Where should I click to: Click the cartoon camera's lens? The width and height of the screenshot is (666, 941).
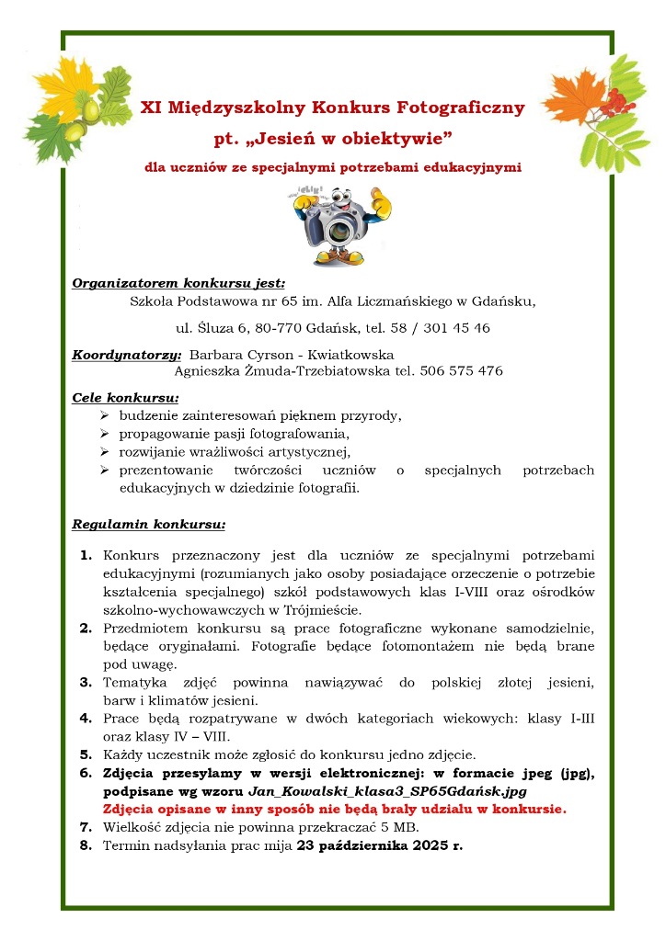coord(339,229)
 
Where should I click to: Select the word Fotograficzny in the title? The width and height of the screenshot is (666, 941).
coord(461,108)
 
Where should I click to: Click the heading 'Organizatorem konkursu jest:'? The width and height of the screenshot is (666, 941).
coord(178,283)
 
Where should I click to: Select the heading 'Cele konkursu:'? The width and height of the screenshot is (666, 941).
coord(125,399)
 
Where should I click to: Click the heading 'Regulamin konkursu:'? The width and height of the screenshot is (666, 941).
coord(149,527)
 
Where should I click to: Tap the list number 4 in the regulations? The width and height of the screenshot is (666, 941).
coord(86,717)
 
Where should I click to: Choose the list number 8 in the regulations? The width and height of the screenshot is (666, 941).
coord(86,845)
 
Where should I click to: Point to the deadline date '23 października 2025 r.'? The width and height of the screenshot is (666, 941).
coord(380,845)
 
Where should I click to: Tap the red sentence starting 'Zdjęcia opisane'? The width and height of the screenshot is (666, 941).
coord(335,809)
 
